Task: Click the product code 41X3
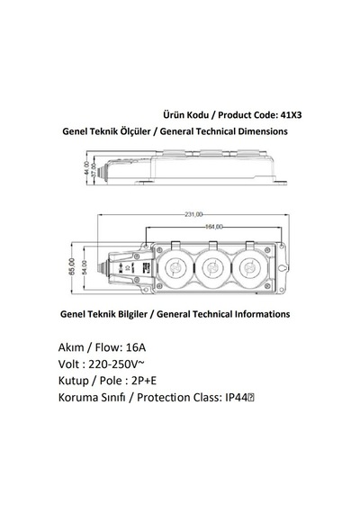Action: (x=292, y=115)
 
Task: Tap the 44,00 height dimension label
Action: (x=87, y=168)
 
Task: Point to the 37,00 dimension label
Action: (x=94, y=170)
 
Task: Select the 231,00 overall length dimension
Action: (x=193, y=214)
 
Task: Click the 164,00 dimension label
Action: (x=213, y=227)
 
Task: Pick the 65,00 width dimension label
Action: (x=72, y=266)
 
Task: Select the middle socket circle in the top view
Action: (x=212, y=268)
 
